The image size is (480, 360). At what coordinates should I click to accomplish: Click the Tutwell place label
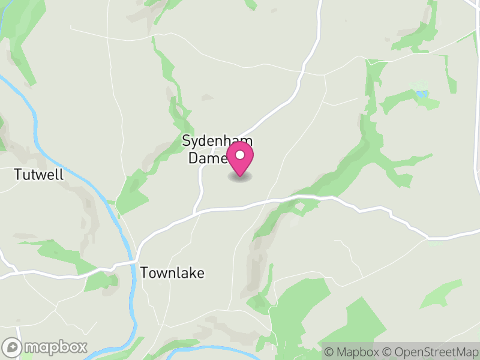[38, 175]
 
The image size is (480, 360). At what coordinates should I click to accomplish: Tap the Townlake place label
[172, 273]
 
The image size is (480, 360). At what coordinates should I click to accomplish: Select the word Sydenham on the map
[217, 142]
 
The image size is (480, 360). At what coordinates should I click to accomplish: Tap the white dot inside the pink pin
[240, 156]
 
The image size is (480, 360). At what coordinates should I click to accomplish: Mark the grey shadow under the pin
[240, 176]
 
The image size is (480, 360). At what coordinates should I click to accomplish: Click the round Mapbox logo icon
[13, 347]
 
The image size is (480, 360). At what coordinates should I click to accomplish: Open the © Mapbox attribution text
[351, 351]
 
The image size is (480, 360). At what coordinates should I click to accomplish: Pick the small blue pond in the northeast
[422, 94]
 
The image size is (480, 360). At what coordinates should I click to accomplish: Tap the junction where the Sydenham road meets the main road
[194, 212]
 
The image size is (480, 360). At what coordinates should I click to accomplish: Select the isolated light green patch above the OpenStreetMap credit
[440, 293]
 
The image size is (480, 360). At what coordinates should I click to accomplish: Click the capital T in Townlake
[144, 273]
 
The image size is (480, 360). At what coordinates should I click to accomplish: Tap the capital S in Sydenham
[186, 142]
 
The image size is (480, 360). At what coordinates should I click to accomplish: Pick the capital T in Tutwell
[18, 175]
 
